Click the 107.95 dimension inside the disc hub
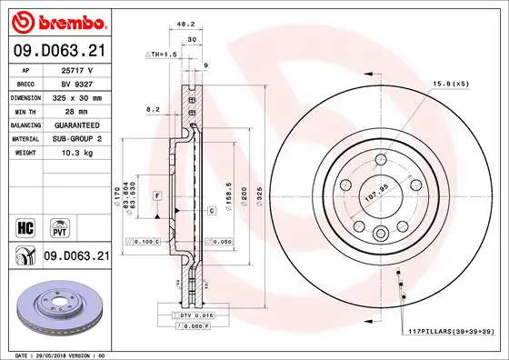(374, 192)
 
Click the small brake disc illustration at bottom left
(56, 306)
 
